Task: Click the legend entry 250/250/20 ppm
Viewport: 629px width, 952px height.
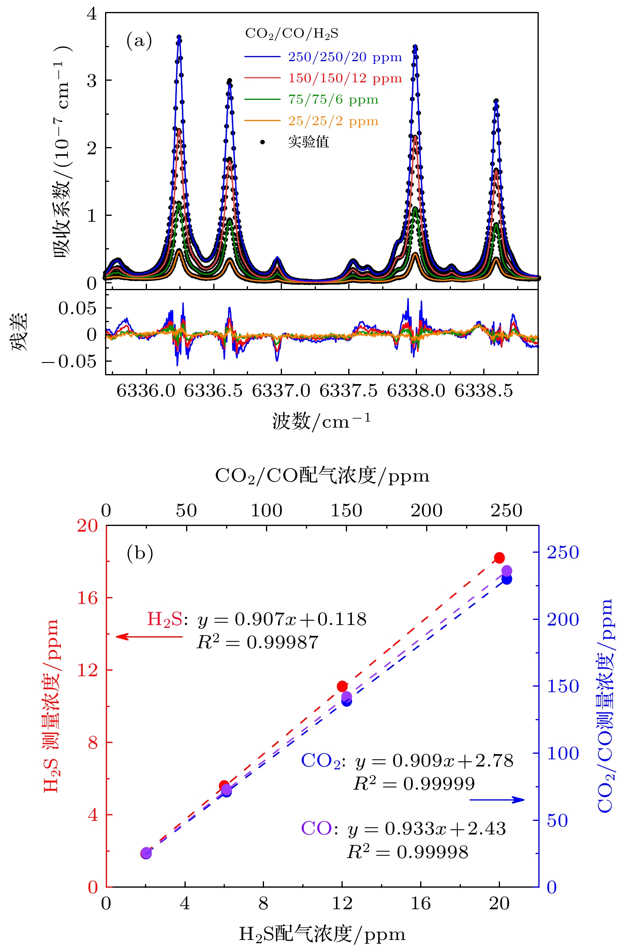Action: [345, 57]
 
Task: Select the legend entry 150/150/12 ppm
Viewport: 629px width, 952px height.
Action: [345, 78]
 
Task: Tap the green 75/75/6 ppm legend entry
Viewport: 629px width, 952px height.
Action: [333, 100]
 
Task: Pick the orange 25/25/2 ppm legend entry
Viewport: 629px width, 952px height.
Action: [333, 121]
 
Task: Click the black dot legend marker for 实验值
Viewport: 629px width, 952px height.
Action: [262, 141]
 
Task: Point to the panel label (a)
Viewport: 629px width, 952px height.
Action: [139, 41]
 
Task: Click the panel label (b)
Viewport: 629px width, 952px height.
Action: [140, 553]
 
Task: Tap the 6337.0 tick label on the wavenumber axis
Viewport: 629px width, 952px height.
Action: [281, 390]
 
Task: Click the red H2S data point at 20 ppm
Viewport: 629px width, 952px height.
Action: [499, 558]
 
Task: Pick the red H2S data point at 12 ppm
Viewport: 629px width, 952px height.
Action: [342, 686]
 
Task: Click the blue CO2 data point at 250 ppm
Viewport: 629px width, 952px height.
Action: [507, 579]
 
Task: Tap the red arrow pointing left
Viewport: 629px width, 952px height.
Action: [149, 636]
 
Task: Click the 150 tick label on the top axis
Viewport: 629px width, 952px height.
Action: [346, 511]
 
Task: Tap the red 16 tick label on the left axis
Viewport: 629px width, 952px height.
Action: [87, 598]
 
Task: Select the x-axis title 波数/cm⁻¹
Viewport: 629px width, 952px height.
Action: [321, 421]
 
